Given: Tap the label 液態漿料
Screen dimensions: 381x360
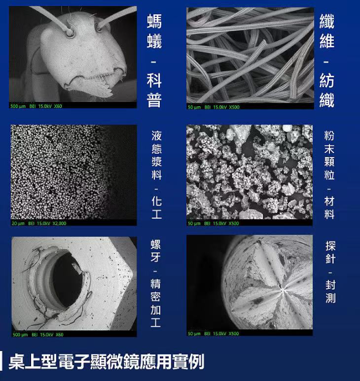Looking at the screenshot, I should click(x=156, y=155).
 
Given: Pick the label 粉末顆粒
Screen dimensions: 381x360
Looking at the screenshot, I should click(x=329, y=154).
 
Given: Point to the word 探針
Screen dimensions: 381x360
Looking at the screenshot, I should click(x=330, y=250).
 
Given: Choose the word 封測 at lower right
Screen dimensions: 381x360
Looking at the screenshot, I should click(x=330, y=291).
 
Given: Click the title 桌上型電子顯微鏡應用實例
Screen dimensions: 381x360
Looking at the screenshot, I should click(x=106, y=361).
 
